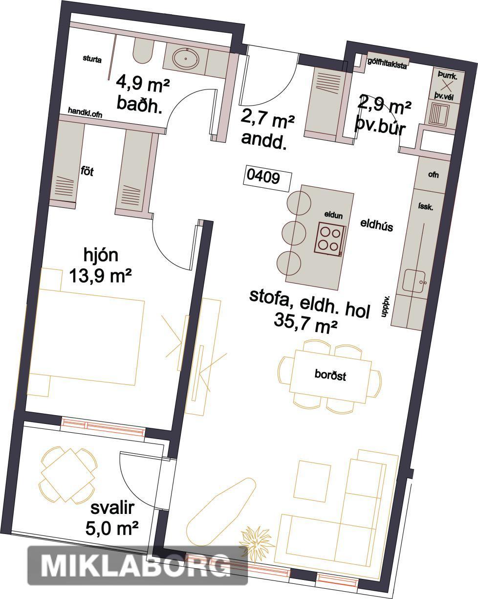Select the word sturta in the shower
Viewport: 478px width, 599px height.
(x=92, y=59)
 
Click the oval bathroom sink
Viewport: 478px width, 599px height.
(x=186, y=59)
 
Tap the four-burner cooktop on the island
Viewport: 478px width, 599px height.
(x=330, y=239)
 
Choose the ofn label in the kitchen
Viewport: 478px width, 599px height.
(x=434, y=175)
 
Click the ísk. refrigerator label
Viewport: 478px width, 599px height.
(x=426, y=206)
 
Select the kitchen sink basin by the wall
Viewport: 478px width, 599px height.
(x=414, y=281)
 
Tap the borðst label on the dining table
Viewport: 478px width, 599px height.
(x=330, y=375)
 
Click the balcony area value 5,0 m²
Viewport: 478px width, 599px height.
(x=112, y=528)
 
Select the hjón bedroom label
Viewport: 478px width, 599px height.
(x=101, y=256)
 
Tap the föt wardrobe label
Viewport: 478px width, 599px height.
(x=87, y=171)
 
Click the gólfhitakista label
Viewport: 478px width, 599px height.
(x=387, y=64)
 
